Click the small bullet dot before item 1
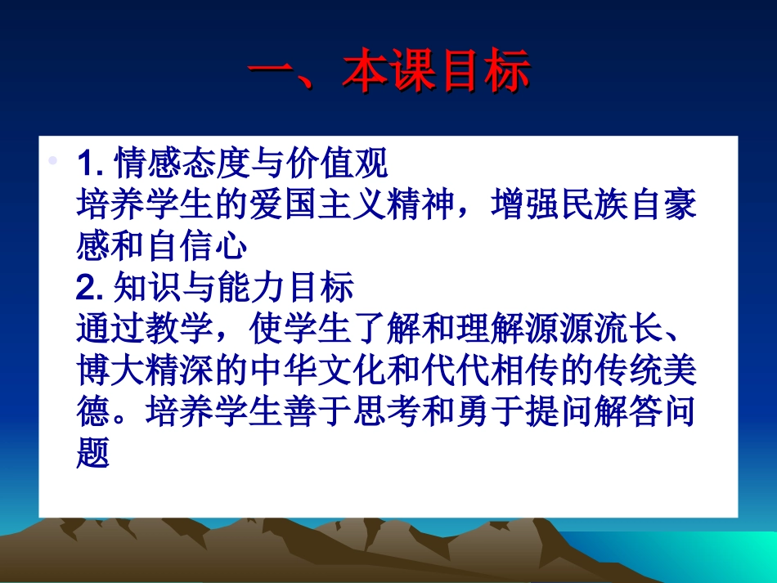54,161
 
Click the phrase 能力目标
285,288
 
